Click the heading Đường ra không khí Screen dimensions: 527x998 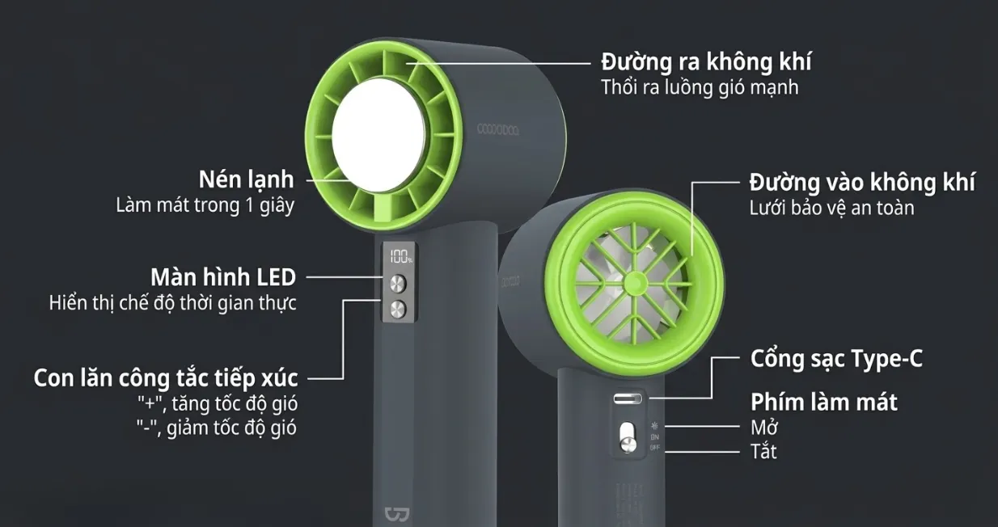[706, 61]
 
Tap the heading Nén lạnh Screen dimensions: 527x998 [247, 179]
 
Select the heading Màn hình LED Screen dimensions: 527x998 [223, 277]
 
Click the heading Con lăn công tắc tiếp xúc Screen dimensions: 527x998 [166, 377]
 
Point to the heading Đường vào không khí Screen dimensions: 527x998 [861, 182]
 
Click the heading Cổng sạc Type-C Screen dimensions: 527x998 [836, 358]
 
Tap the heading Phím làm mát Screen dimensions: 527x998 [823, 402]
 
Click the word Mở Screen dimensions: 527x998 [764, 427]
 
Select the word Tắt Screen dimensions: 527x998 [763, 451]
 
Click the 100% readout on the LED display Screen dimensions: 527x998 [400, 258]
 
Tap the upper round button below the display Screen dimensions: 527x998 [399, 284]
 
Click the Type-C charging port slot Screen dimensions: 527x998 [628, 399]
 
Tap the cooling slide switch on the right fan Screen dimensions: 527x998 [627, 438]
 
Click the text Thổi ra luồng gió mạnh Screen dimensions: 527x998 [700, 87]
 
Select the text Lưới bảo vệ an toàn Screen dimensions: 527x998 [831, 208]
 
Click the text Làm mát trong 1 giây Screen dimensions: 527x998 [205, 205]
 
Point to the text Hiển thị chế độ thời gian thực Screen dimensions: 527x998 [172, 303]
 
